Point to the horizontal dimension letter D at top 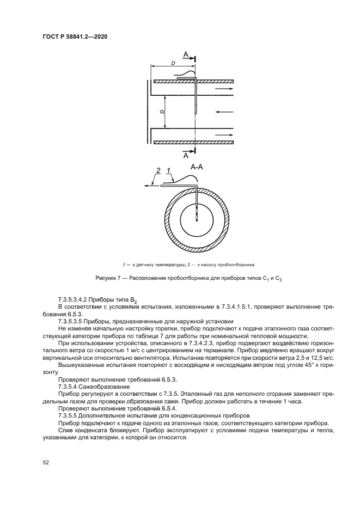click(x=173, y=64)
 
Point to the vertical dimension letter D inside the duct click(x=162, y=112)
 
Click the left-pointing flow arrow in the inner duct click(x=225, y=112)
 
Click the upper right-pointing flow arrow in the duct click(x=224, y=88)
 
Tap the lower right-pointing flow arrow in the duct click(x=224, y=135)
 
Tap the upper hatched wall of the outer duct click(x=193, y=81)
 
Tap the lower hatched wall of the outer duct click(x=193, y=142)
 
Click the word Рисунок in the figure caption click(x=106, y=278)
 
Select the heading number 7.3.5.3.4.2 click(x=76, y=300)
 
